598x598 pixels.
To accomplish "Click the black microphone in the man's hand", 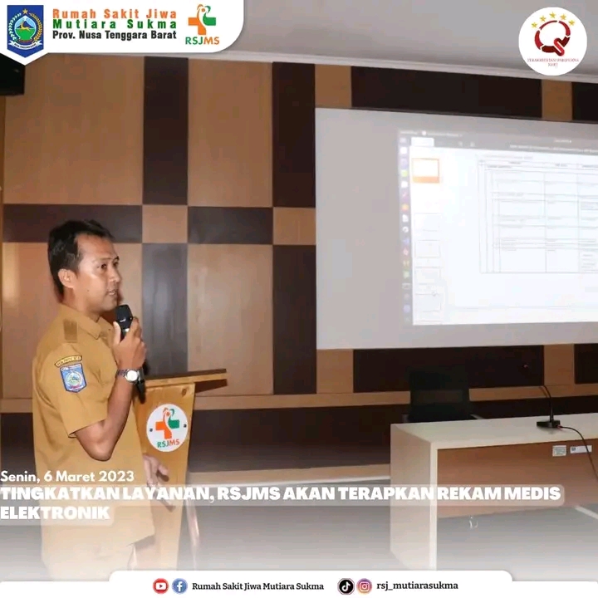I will (x=124, y=320).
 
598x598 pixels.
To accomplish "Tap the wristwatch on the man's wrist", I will (x=130, y=375).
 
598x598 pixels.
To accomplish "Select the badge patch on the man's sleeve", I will (x=72, y=377).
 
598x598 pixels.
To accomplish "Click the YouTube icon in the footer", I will (x=160, y=586).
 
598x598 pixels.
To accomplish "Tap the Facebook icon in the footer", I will (x=179, y=586).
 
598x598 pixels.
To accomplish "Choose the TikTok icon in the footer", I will (x=346, y=586).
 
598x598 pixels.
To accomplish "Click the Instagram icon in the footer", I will (x=365, y=586).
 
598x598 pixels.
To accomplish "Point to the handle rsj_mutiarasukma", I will (x=417, y=586).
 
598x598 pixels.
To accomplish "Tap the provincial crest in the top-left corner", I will (x=25, y=28).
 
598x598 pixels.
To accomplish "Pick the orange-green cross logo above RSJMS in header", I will (x=201, y=19).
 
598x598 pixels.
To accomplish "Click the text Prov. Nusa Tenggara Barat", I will (x=114, y=37).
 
